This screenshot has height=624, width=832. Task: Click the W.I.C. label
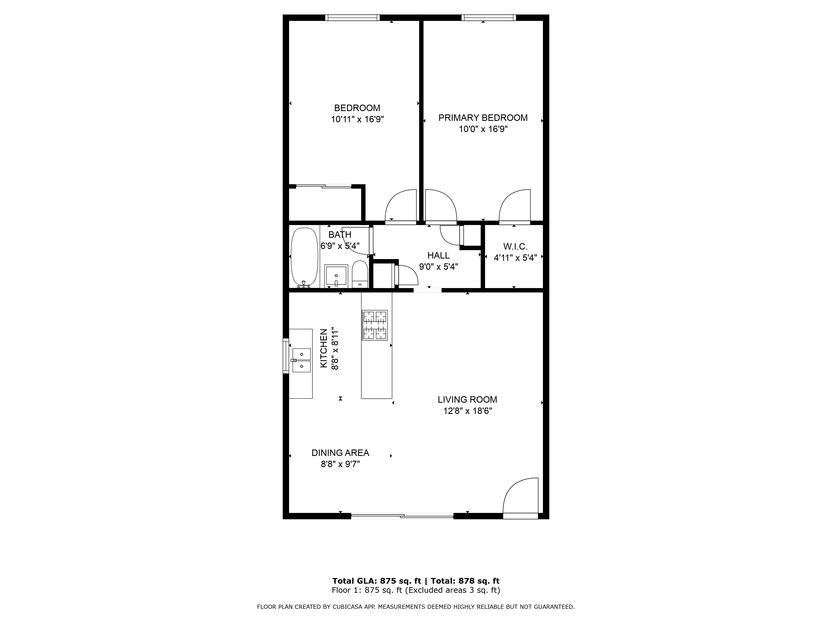[x=515, y=247]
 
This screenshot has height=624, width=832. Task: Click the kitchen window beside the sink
[x=286, y=356]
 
